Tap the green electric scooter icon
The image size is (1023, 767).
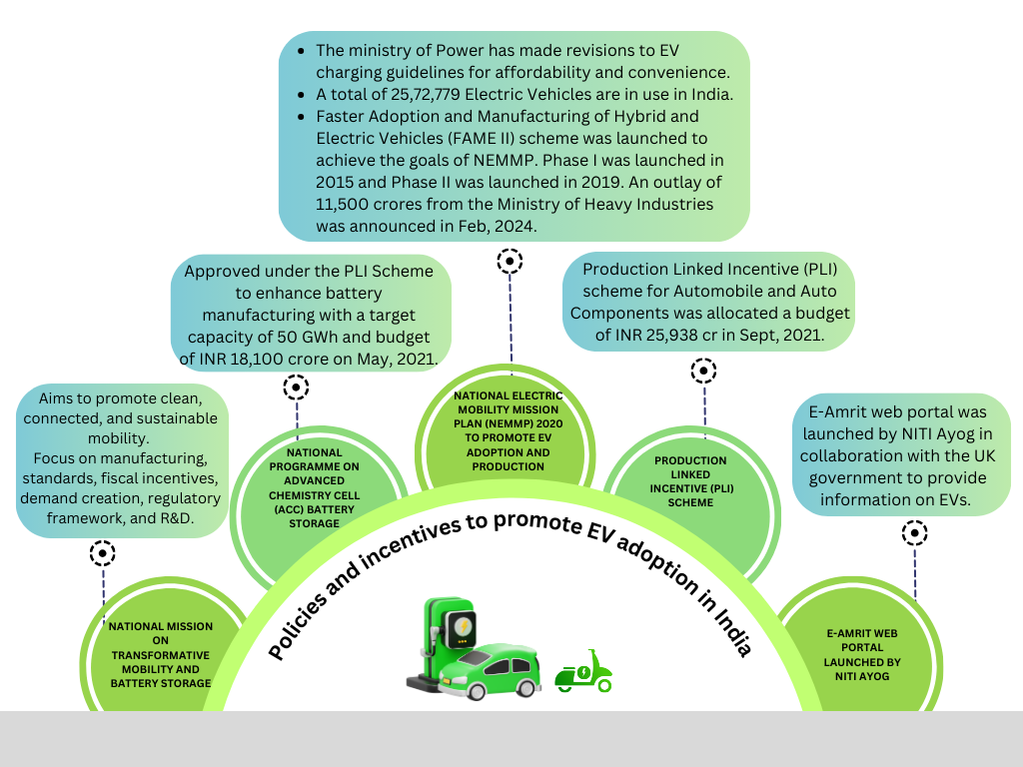pyautogui.click(x=583, y=671)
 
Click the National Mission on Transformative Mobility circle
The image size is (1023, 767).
pyautogui.click(x=161, y=655)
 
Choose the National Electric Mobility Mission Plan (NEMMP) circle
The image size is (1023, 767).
pyautogui.click(x=508, y=431)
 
